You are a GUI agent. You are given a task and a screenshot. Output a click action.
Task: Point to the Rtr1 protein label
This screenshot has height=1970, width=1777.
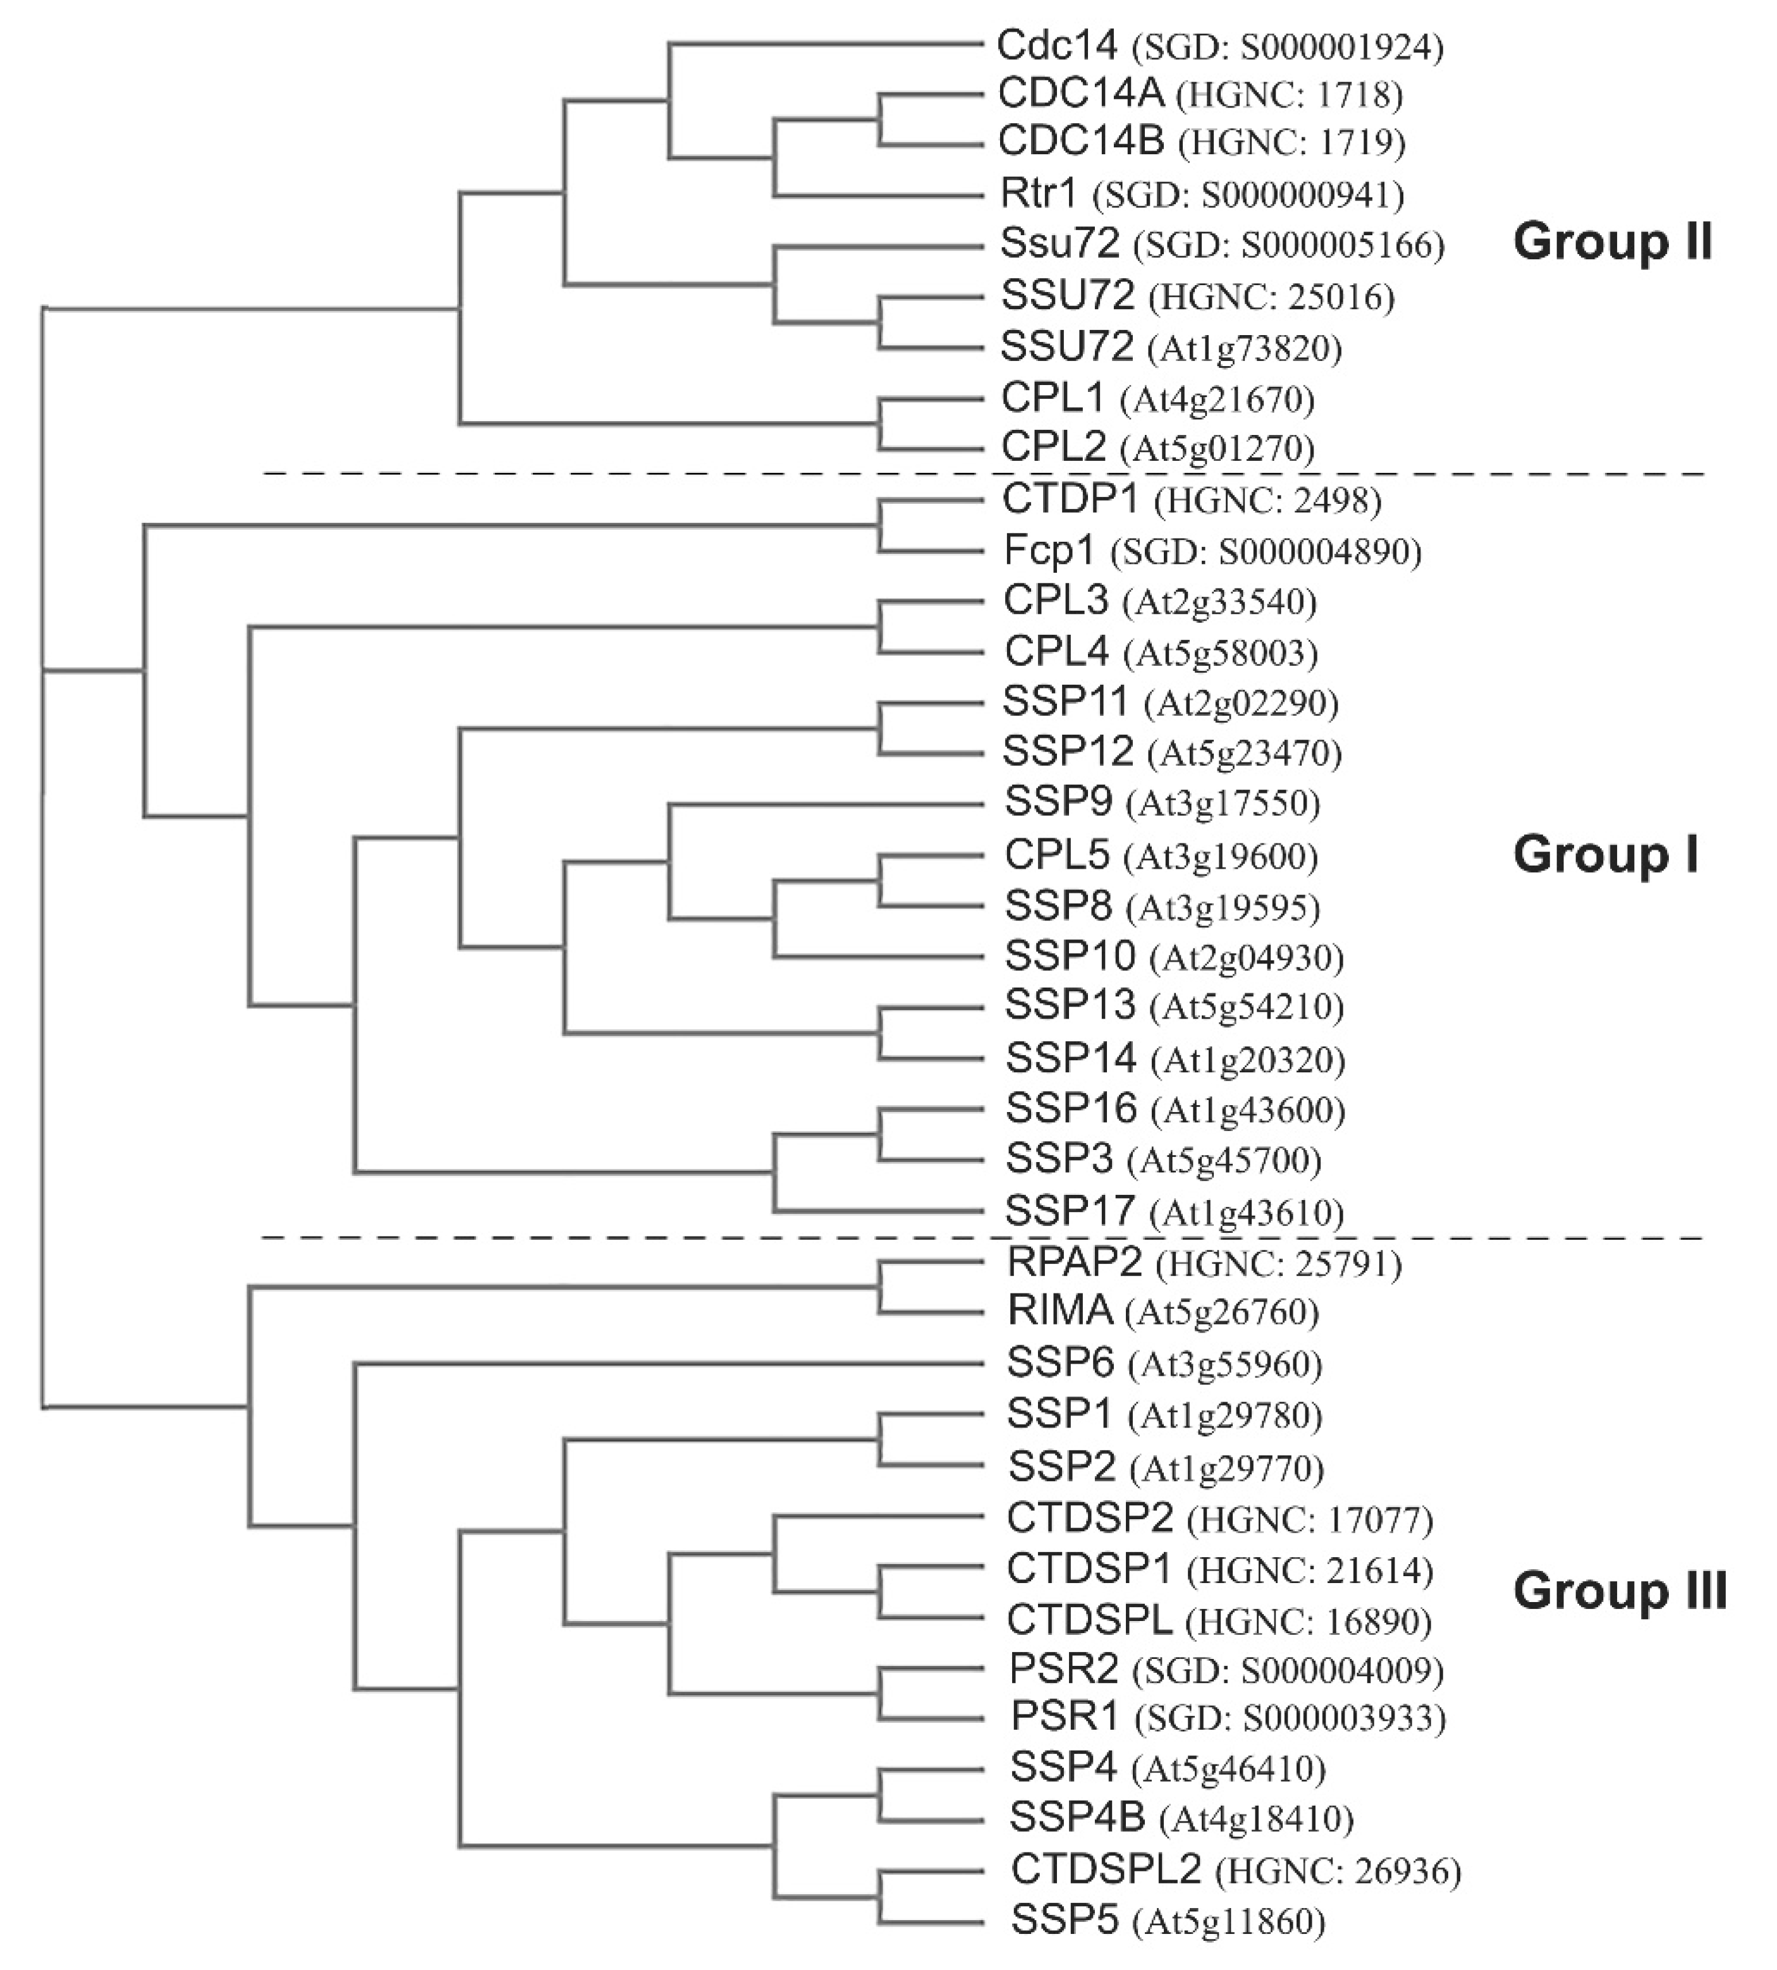pyautogui.click(x=1038, y=193)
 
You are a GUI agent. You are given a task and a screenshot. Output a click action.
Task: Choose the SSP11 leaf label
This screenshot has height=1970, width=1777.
pyautogui.click(x=1065, y=701)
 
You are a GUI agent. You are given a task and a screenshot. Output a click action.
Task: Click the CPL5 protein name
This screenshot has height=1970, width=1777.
pyautogui.click(x=1056, y=855)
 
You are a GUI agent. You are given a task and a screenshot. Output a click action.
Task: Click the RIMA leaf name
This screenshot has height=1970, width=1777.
pyautogui.click(x=1060, y=1311)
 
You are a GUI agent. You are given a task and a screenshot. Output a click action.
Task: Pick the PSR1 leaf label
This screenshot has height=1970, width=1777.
pyautogui.click(x=1065, y=1716)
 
